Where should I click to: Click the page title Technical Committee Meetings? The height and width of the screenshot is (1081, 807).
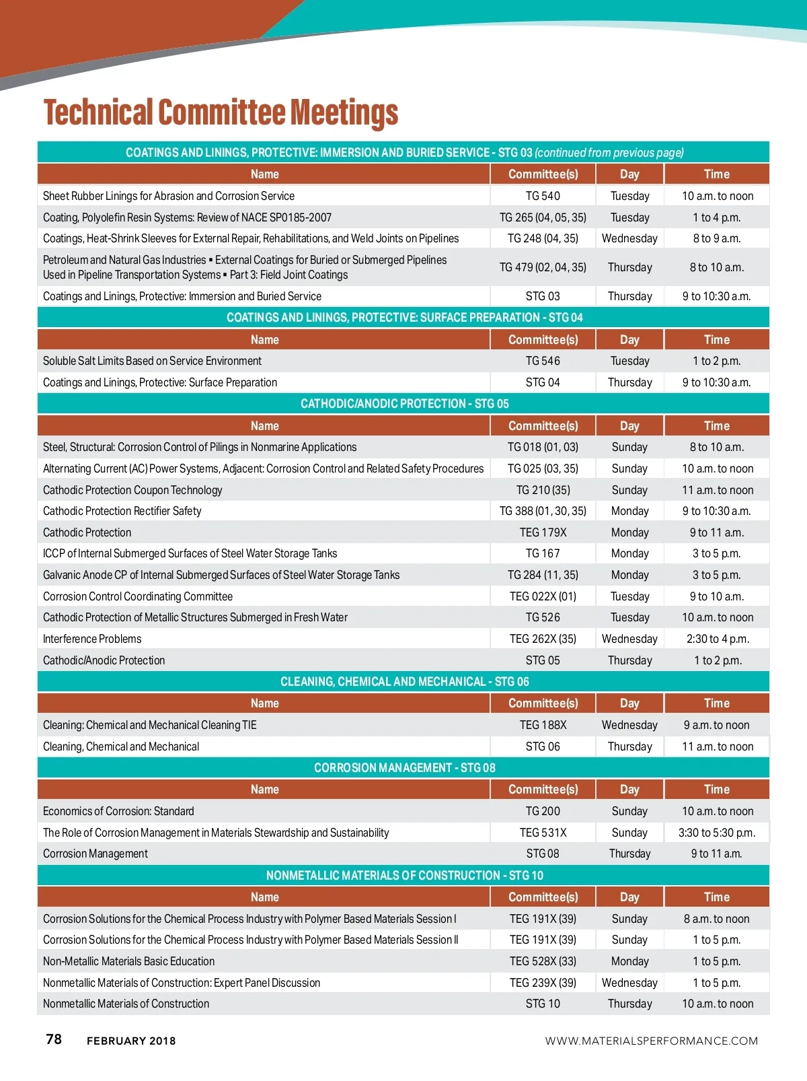click(x=221, y=112)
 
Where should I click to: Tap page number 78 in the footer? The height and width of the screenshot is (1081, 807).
click(x=54, y=1039)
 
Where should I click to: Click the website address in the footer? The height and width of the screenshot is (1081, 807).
click(x=651, y=1041)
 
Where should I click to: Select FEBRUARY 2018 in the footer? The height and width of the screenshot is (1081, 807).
click(x=131, y=1041)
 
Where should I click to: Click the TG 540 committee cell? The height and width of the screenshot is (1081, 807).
click(x=543, y=196)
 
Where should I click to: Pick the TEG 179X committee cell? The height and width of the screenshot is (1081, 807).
click(x=543, y=532)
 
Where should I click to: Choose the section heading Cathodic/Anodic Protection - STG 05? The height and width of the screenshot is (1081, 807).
click(x=404, y=404)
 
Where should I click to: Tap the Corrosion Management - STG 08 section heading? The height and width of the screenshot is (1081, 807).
click(x=404, y=768)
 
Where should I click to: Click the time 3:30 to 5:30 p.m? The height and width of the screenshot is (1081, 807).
click(x=716, y=833)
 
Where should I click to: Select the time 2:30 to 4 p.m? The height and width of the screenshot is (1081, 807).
click(x=717, y=639)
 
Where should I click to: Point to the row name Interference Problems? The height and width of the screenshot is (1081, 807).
click(x=92, y=639)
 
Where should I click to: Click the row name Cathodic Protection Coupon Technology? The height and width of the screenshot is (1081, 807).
click(x=132, y=490)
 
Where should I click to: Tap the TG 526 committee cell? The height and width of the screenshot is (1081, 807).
click(x=543, y=617)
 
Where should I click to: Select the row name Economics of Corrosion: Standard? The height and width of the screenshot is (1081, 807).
click(x=118, y=811)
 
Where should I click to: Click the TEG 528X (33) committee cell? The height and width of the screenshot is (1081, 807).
click(x=543, y=961)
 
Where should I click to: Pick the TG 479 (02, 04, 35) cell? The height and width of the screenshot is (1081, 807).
click(x=543, y=267)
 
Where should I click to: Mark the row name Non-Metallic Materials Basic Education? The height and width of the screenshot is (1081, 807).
click(x=128, y=961)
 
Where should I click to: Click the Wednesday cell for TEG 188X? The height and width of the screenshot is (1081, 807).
click(x=629, y=725)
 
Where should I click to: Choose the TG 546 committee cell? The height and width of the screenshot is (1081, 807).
click(x=543, y=361)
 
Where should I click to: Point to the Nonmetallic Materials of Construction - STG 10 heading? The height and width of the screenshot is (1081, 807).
click(x=404, y=876)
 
